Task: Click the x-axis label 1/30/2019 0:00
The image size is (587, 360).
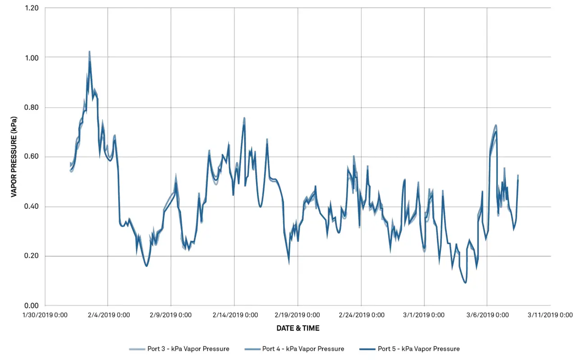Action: [x=45, y=315]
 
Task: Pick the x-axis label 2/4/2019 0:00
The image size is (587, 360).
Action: [x=108, y=315]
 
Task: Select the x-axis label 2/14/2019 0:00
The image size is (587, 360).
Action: [x=234, y=315]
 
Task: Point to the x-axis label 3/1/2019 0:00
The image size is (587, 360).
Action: [x=424, y=315]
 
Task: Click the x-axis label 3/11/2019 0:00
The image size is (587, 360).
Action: [x=550, y=315]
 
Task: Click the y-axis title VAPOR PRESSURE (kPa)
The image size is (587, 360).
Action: [x=14, y=157]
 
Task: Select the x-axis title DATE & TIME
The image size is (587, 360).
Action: [x=298, y=328]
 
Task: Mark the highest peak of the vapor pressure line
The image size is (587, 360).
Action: [x=89, y=52]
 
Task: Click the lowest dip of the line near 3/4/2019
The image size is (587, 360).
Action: [x=465, y=283]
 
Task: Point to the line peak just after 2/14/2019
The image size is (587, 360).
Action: [x=244, y=119]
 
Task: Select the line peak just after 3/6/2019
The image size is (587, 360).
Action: [x=495, y=127]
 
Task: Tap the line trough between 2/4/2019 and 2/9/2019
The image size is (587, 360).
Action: [x=147, y=266]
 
